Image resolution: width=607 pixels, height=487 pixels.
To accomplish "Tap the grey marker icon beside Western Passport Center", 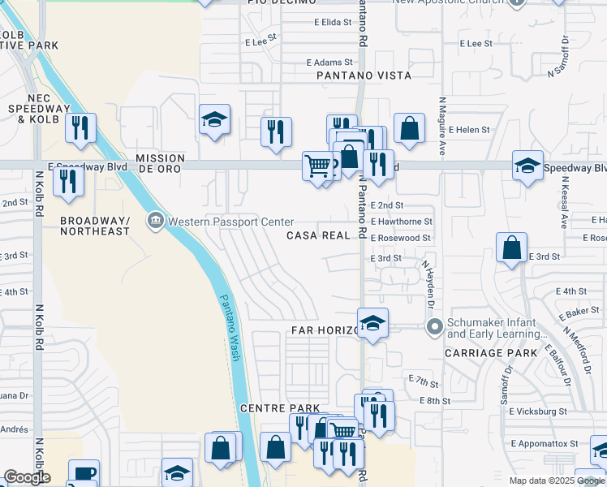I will coord(155,220).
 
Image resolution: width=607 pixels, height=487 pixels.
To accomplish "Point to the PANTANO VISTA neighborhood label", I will coord(364,75).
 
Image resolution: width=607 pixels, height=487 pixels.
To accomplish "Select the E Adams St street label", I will coord(329,62).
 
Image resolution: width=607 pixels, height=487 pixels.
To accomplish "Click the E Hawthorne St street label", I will coord(401,222).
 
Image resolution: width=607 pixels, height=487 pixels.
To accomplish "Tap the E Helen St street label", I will coord(474,130).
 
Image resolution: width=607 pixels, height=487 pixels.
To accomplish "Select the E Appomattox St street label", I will coord(544,444).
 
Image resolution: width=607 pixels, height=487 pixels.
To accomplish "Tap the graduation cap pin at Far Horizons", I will coord(373,324).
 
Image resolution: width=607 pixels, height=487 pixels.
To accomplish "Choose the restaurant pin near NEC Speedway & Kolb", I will coord(81,128).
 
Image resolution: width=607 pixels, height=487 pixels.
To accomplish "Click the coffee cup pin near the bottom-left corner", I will coord(83,474).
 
